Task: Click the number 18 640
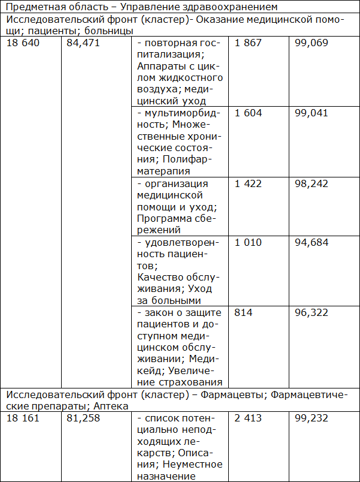pos(23,44)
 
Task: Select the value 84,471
pos(83,44)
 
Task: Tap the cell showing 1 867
pos(249,44)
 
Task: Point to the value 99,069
pos(311,44)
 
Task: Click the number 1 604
pos(249,113)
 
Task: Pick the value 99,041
pos(311,113)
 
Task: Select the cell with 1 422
pos(249,183)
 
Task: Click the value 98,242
pos(311,183)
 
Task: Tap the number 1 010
pos(249,242)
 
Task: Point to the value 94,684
pos(311,242)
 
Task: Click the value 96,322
pos(311,313)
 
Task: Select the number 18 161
pos(23,418)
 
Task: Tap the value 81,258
pos(83,418)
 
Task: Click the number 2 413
pos(249,418)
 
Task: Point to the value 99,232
pos(311,418)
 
